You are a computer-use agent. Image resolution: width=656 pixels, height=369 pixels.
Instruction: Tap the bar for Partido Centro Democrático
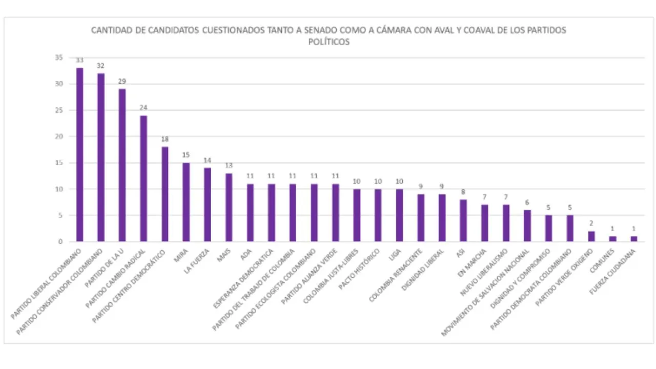point(165,194)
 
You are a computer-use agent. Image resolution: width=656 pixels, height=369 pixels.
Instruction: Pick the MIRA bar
point(186,202)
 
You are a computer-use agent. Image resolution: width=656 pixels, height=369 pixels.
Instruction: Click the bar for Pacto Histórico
point(378,215)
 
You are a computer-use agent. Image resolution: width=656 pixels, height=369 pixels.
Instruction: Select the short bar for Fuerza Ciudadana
point(633,239)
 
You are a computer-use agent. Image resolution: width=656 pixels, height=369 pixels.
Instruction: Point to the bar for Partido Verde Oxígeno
point(591,236)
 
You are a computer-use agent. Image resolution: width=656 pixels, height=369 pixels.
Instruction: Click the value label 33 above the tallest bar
point(79,60)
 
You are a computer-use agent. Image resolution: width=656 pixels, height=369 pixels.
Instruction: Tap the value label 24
point(143,108)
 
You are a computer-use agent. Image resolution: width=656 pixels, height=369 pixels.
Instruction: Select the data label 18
point(165,139)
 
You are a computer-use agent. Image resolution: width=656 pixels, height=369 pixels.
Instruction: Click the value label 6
point(527,202)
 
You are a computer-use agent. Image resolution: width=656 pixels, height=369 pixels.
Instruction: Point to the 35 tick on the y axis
point(59,58)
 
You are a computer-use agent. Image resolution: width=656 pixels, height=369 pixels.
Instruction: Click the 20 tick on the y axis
point(59,137)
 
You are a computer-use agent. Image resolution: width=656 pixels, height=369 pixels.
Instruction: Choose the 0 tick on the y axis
point(61,241)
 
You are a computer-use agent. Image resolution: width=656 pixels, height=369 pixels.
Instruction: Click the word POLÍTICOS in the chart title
point(329,42)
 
